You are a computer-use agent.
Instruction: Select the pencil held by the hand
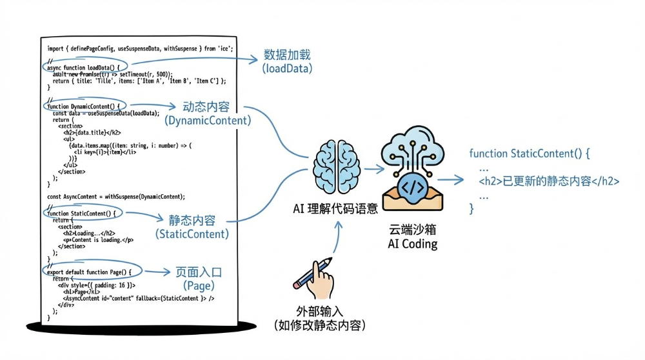coord(312,272)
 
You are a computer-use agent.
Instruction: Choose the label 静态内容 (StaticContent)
coord(192,226)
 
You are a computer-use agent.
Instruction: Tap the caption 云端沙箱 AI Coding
coord(413,236)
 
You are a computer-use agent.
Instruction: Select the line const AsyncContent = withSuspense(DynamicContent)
coord(116,196)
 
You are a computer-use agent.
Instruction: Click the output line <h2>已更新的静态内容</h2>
coord(549,181)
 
